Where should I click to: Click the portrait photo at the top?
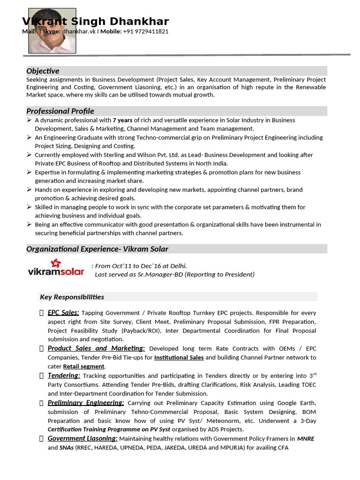click(52, 30)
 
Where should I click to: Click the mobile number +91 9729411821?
click(146, 31)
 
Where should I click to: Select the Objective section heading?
click(43, 71)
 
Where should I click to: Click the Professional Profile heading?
click(60, 111)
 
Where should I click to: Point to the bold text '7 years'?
click(122, 120)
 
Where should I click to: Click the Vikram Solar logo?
click(56, 267)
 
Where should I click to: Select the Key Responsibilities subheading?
click(72, 297)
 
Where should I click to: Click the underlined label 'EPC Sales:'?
click(63, 313)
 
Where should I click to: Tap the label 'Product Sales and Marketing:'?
click(96, 348)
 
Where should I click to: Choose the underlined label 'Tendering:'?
click(64, 375)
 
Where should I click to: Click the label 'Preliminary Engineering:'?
click(86, 403)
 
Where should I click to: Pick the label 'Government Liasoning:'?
click(82, 438)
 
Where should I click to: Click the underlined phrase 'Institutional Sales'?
click(179, 357)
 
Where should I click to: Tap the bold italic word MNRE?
click(306, 439)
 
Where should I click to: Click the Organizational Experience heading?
click(97, 249)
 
